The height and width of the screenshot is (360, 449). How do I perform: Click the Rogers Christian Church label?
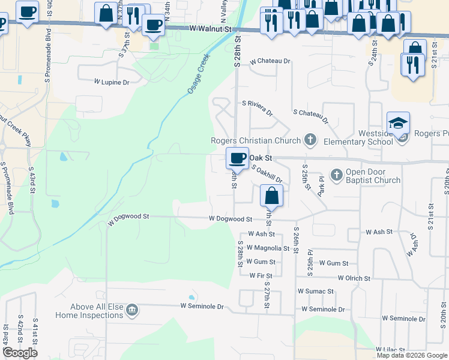coord(256,141)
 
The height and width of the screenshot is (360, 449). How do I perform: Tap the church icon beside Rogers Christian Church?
coord(310,140)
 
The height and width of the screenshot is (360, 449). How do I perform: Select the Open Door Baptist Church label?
coord(373,176)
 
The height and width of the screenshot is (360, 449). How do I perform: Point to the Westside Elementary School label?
coord(358,137)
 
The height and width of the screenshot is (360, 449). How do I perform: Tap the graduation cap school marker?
coord(399,123)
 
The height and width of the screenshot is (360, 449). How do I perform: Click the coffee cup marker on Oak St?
coord(238,158)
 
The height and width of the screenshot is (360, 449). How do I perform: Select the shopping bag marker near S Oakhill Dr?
coord(271,195)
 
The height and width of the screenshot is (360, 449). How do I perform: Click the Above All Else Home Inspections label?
coord(89,311)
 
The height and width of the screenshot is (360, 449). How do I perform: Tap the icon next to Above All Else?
coord(133,310)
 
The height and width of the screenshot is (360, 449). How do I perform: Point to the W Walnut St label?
coord(209,28)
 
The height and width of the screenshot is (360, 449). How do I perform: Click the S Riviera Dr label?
coord(257,108)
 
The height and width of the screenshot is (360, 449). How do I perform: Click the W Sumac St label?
coord(316,291)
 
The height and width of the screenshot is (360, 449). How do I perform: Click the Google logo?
coord(20,353)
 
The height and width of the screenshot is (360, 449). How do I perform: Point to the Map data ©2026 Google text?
coord(412,355)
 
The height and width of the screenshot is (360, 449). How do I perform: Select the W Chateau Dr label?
coord(270,61)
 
